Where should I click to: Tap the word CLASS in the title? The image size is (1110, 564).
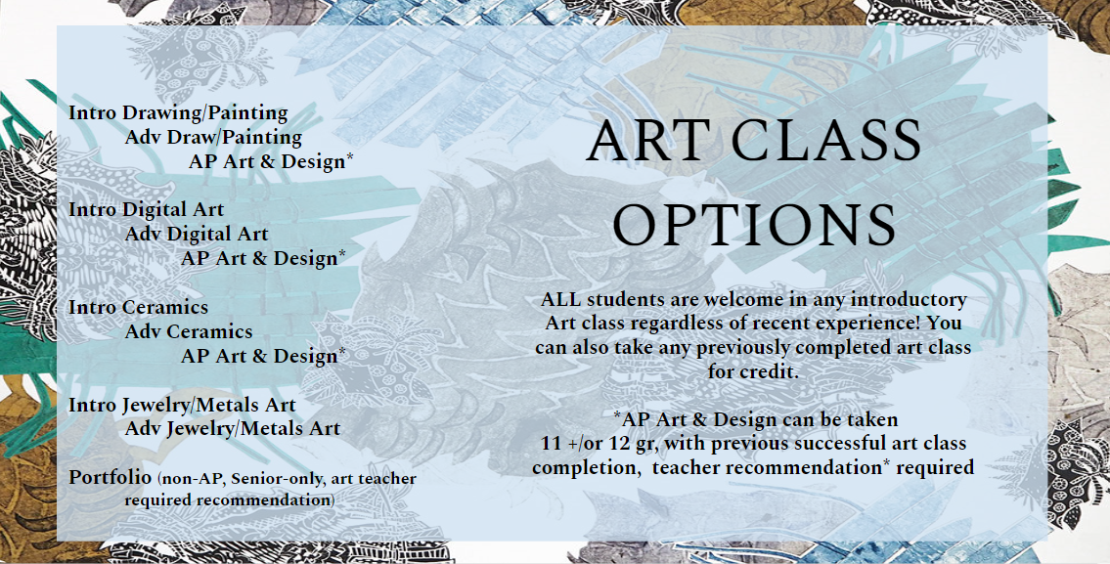(x=825, y=140)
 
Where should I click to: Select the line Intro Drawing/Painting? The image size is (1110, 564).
(x=178, y=114)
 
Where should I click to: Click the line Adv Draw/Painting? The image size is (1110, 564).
(x=213, y=138)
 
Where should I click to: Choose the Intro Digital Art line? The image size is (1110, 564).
(x=147, y=209)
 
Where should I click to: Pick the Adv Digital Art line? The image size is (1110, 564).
(x=197, y=234)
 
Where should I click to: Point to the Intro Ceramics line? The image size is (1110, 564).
(x=139, y=307)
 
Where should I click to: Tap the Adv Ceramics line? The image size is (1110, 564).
(x=189, y=331)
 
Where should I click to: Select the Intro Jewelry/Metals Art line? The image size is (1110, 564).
(x=182, y=406)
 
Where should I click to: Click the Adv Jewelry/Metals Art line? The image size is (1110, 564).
(x=232, y=429)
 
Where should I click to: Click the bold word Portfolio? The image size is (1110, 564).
(x=111, y=478)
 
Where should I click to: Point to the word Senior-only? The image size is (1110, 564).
(x=273, y=479)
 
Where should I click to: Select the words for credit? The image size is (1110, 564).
(x=753, y=370)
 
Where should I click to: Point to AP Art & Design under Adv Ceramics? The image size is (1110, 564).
(x=263, y=355)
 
